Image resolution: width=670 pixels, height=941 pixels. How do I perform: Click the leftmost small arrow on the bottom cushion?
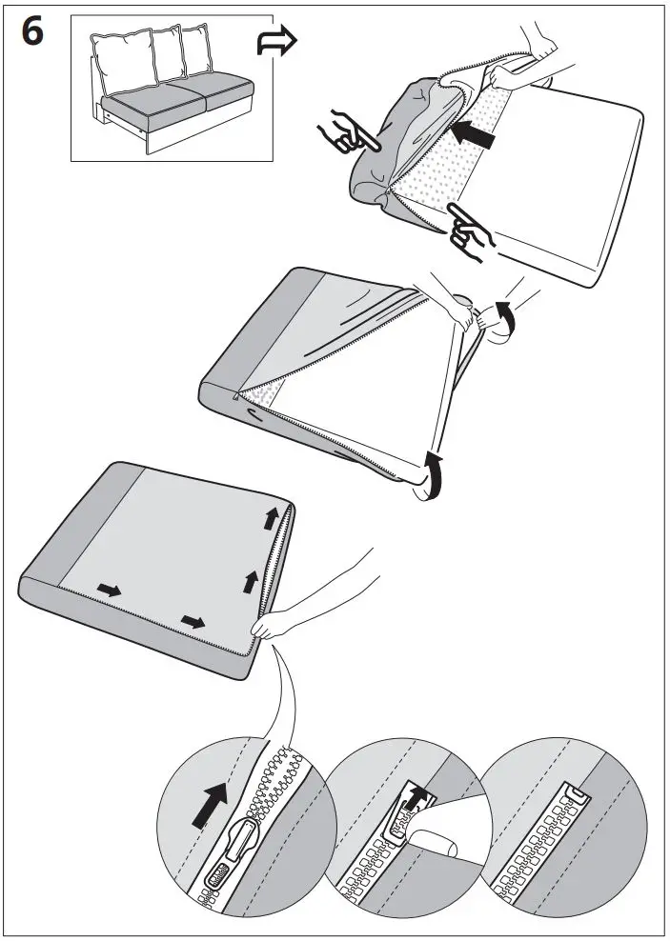click(111, 591)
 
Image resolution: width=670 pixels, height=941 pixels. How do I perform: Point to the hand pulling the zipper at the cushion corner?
click(276, 624)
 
